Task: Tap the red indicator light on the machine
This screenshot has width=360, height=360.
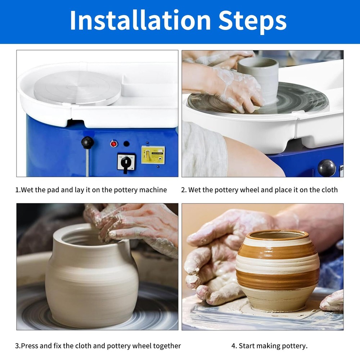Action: (x=114, y=144)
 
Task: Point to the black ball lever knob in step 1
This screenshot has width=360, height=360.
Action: (x=87, y=143)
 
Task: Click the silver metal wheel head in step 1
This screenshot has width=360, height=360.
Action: (x=77, y=88)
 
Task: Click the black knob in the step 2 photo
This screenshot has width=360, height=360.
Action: (x=327, y=168)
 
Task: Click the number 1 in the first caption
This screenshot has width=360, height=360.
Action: (x=17, y=190)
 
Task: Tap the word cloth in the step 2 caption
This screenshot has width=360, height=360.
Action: (x=328, y=190)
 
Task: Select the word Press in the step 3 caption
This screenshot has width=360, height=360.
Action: (x=31, y=346)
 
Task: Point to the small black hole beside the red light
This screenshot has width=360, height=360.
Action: (x=126, y=144)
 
